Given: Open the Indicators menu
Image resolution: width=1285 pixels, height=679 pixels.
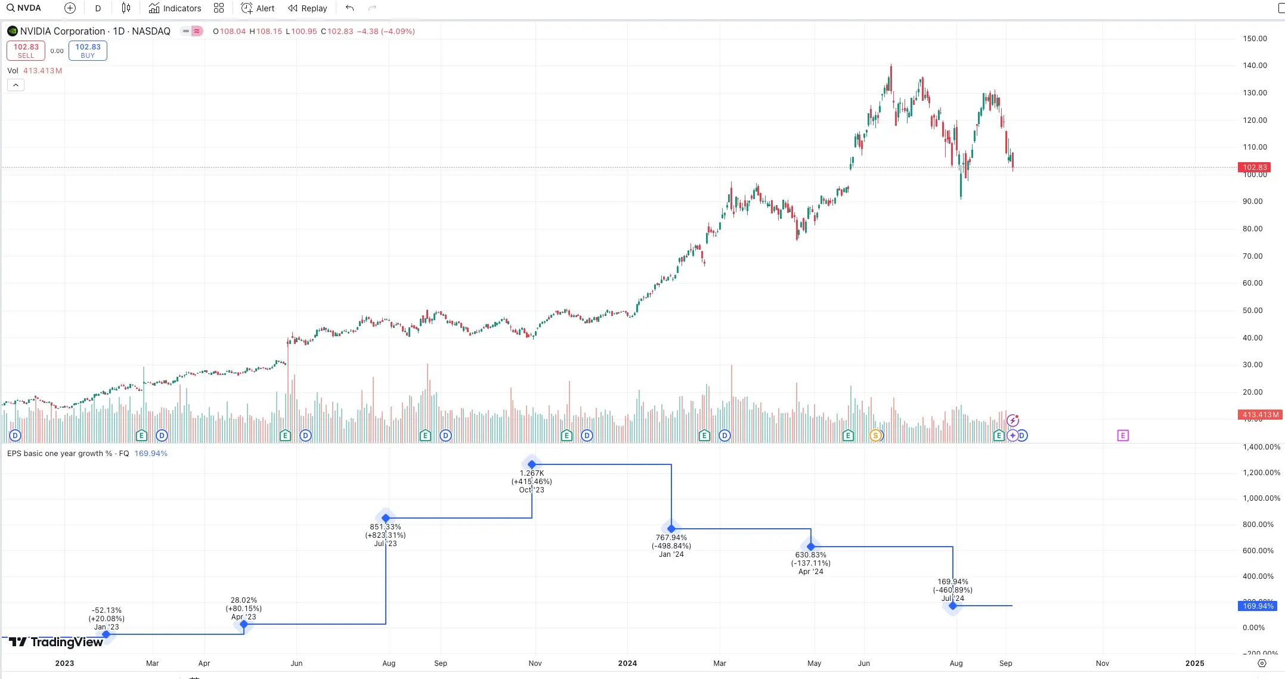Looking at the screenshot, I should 175,8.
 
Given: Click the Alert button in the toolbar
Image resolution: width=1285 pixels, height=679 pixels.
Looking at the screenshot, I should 258,8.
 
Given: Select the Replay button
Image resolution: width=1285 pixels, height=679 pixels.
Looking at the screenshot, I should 308,8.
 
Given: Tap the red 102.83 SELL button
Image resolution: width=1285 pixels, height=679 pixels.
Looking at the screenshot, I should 26,51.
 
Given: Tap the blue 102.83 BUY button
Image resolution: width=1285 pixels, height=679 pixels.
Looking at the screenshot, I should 88,51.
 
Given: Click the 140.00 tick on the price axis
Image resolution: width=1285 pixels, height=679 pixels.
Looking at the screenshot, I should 1255,66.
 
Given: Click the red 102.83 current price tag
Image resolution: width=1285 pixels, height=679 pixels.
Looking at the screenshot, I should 1255,168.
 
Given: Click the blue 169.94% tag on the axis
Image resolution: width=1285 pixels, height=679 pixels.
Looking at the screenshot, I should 1258,606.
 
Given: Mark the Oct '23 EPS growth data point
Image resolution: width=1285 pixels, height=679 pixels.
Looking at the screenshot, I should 532,464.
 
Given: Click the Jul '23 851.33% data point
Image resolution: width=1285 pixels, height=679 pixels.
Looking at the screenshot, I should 386,518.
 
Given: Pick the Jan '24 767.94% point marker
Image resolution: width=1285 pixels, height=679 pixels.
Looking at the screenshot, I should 671,529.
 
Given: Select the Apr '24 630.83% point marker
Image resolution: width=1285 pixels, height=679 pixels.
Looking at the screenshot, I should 811,547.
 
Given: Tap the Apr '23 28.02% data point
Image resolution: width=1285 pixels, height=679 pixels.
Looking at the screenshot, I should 244,624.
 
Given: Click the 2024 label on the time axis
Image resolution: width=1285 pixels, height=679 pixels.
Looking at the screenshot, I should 627,663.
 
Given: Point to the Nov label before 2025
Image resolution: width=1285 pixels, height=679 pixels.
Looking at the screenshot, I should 1103,663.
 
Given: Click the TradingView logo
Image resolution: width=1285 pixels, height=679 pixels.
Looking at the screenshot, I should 56,642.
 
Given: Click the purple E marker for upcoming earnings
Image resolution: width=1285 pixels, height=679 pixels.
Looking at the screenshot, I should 1123,436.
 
